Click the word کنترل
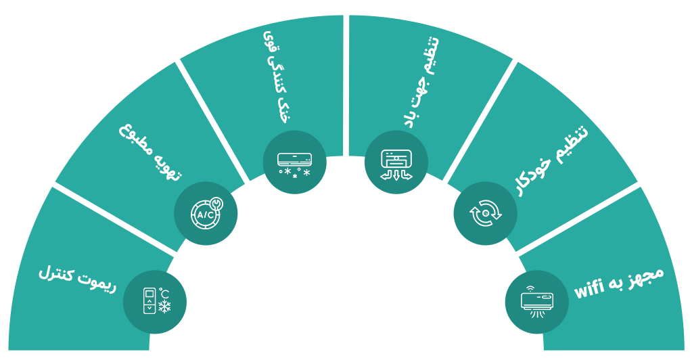55,273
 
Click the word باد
410,117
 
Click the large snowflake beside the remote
164,307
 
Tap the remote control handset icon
149,301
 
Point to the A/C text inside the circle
205,215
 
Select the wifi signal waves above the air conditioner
530,288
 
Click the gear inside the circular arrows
486,213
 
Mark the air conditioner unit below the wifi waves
537,300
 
